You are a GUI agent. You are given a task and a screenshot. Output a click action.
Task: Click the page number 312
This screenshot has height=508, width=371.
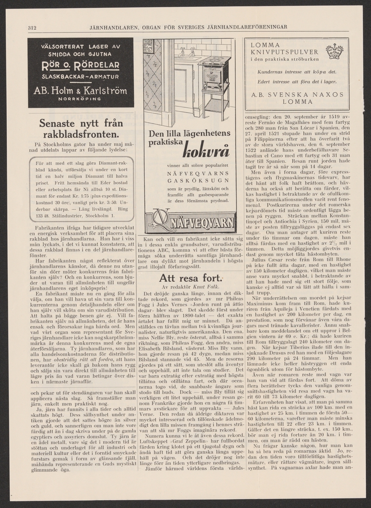point(32,28)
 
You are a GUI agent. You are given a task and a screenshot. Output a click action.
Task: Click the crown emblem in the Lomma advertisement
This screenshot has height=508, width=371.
point(334,51)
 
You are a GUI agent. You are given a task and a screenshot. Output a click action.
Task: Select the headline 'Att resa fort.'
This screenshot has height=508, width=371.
point(190,278)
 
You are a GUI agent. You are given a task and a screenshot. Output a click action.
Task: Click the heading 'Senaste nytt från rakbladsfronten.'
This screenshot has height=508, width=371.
point(81,129)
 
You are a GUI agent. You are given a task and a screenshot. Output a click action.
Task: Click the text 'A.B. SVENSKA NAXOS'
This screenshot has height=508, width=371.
point(297,94)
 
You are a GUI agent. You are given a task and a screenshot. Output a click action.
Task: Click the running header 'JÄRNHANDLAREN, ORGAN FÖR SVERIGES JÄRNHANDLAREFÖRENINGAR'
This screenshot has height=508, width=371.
point(188,28)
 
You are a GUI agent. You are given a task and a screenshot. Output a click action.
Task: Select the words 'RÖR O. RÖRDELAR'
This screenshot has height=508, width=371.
point(80,66)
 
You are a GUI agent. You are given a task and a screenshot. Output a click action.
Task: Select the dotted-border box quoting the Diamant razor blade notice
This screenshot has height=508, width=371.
point(81,189)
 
